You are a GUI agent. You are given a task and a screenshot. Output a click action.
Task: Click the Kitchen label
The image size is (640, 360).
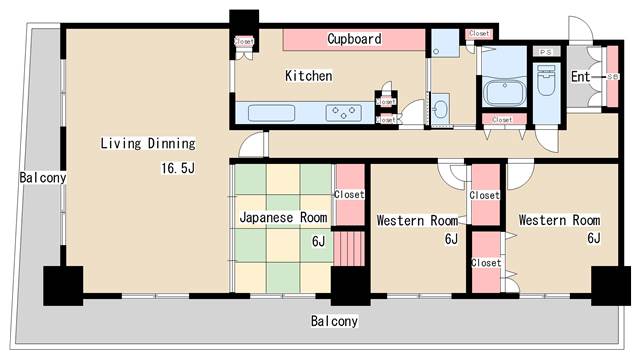[308, 76]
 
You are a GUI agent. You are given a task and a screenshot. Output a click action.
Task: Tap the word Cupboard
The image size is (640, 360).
[354, 39]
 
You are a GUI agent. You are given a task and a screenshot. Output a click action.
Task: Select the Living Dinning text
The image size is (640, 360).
[146, 143]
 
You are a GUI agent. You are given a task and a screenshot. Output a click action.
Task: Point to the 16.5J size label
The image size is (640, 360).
[176, 167]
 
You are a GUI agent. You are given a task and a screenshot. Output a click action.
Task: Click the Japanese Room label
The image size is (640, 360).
[283, 216]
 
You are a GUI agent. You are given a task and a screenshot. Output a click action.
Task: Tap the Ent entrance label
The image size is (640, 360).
[580, 76]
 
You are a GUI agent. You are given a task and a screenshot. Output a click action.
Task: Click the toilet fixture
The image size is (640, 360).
[545, 84]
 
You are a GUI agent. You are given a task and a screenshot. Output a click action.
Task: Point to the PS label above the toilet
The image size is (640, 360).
[545, 51]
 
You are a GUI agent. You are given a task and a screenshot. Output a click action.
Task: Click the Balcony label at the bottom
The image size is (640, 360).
[333, 321]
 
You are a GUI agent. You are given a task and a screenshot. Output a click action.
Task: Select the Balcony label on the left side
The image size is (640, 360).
[42, 178]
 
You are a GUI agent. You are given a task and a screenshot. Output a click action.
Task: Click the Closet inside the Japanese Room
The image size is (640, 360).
[349, 194]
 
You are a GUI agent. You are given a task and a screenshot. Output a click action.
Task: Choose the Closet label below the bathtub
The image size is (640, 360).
[501, 120]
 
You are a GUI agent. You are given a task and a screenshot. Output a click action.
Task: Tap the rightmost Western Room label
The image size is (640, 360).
[558, 220]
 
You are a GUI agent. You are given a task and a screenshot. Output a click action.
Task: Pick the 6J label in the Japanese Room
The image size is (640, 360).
[318, 241]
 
